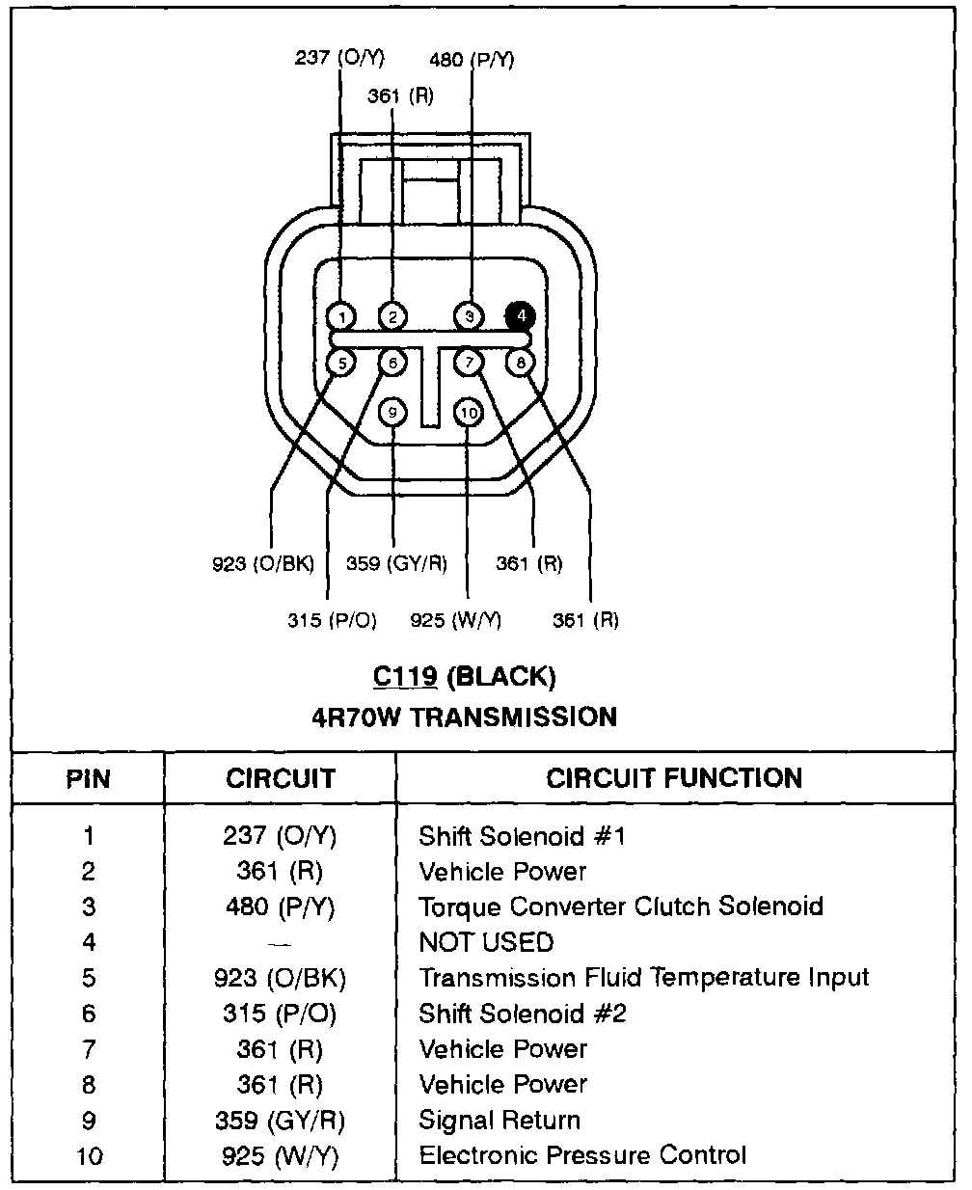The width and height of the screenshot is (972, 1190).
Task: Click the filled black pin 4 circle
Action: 521,315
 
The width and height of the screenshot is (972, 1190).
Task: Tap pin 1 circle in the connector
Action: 341,316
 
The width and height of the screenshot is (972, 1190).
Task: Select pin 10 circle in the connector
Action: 469,413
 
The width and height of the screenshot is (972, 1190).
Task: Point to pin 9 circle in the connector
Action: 392,413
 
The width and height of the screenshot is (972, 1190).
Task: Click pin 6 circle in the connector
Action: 392,363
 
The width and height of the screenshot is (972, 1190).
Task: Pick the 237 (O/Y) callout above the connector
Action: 339,58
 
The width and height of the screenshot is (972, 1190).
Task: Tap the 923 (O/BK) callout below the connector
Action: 263,563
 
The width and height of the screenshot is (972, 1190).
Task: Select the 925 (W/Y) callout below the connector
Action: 456,619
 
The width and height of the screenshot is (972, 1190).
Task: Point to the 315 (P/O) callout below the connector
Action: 332,619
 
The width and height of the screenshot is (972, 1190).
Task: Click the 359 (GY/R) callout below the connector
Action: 396,563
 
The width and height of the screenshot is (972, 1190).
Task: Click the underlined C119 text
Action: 405,677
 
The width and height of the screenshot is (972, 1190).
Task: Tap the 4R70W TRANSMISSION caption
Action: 464,717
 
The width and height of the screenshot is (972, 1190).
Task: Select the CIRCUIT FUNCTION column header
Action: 674,778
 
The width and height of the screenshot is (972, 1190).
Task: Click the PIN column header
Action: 89,779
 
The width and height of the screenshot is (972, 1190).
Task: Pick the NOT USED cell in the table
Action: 486,942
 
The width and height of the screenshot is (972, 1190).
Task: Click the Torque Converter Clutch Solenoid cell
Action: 621,906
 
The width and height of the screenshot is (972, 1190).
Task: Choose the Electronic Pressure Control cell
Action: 582,1154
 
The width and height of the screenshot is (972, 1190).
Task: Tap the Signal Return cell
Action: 499,1120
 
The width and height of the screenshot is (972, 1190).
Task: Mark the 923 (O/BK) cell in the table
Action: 280,978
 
